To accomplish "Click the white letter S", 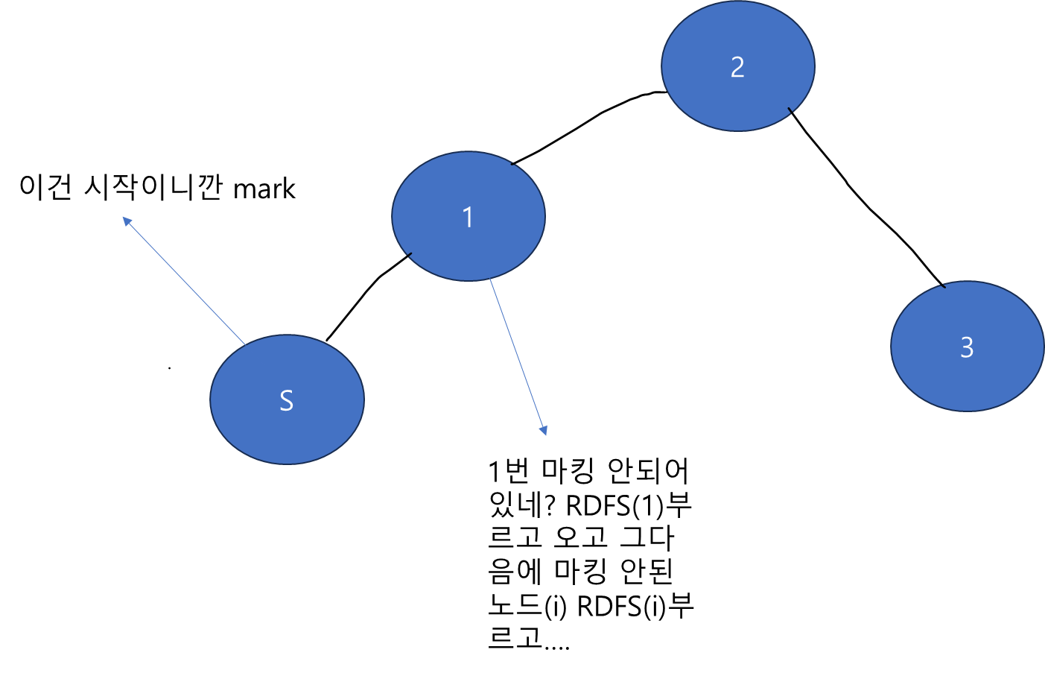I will point(286,401).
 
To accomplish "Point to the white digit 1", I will point(468,218).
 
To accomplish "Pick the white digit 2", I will point(737,68).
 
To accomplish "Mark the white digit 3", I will point(967,347).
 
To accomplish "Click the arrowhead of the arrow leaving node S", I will point(126,221).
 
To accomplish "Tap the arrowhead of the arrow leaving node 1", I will point(544,430).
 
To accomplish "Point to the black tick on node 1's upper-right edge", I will point(514,162).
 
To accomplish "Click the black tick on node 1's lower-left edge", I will point(409,256).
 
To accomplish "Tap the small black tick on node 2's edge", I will point(790,111).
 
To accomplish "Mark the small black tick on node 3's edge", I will point(943,285).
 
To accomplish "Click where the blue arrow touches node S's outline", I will point(245,345).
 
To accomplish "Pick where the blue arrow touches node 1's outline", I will point(489,279).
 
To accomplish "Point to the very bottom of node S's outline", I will point(287,464).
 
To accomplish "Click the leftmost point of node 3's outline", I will point(891,346).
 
